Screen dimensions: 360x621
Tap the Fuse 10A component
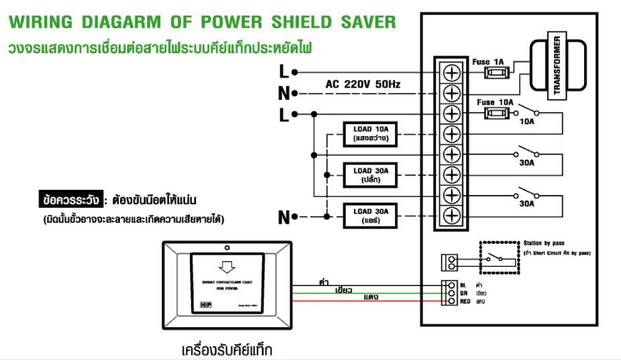494,113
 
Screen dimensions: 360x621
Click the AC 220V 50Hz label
363,84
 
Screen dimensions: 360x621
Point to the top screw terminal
452,72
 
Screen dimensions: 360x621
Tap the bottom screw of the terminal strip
452,216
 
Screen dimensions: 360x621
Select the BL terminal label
462,285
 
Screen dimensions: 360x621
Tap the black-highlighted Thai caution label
71,200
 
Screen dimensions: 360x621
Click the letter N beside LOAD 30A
284,217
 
